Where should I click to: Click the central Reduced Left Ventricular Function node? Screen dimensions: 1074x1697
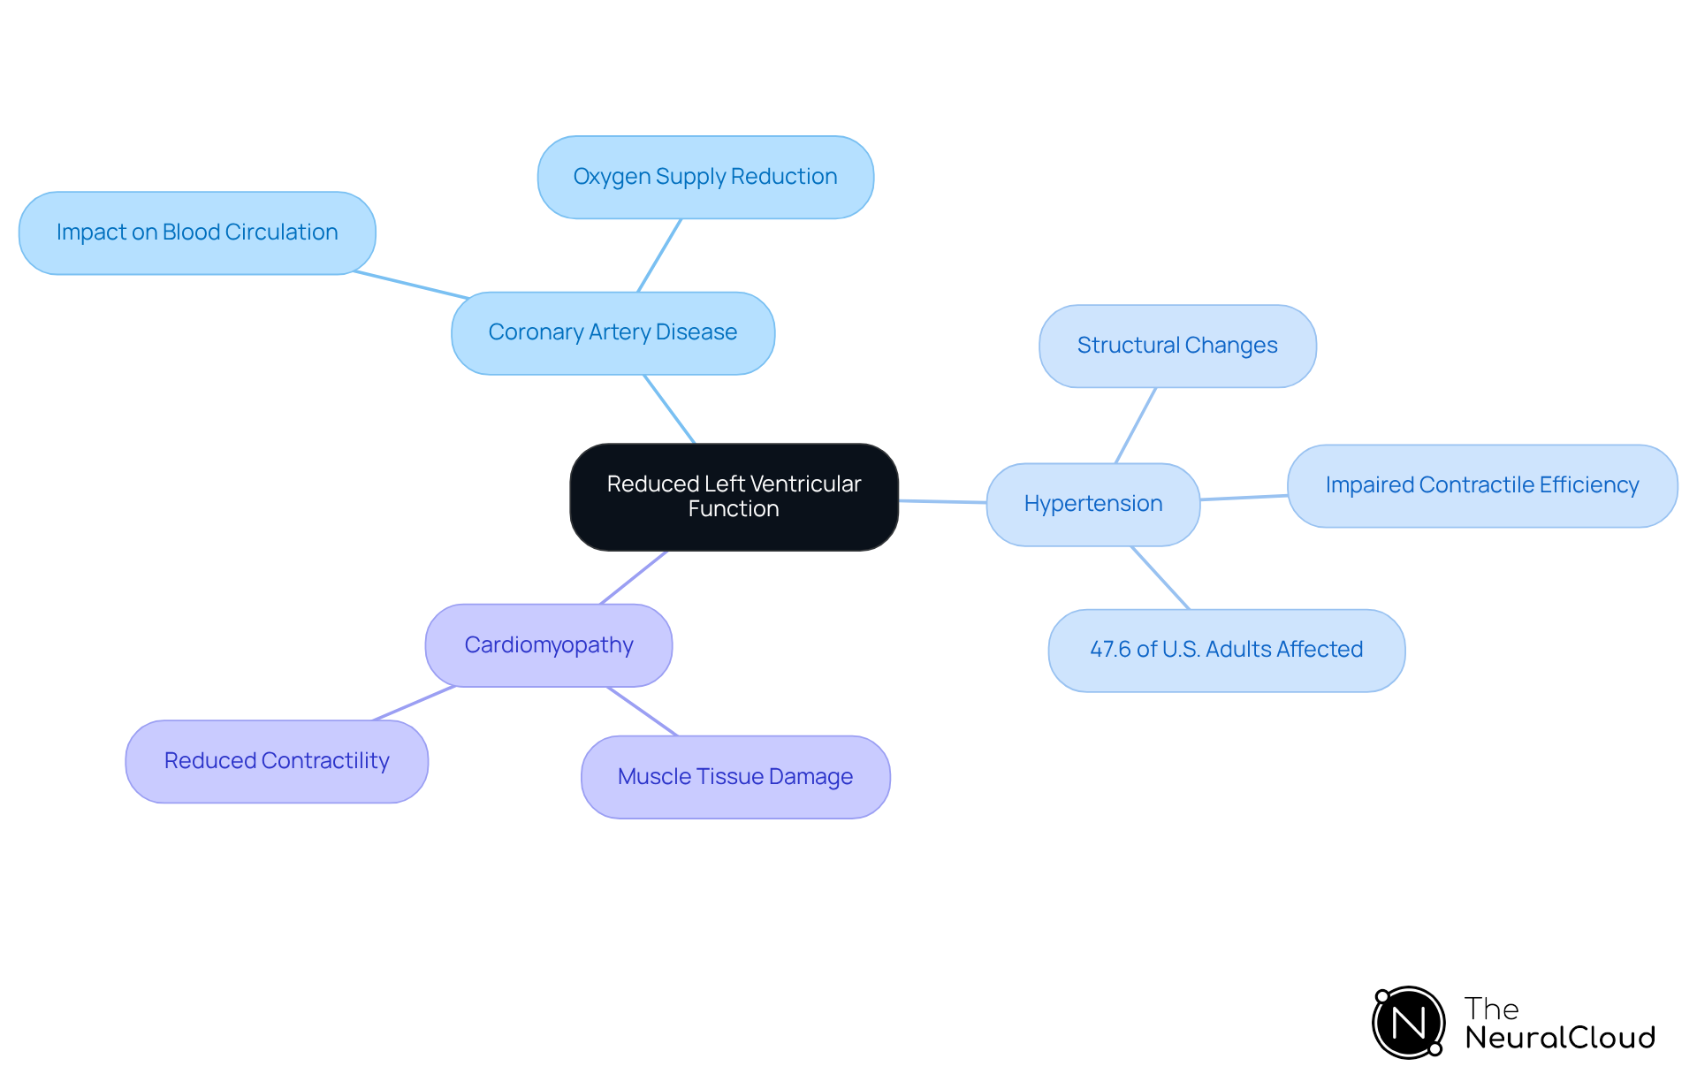(x=734, y=497)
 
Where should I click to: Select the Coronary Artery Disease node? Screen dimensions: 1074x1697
(x=613, y=333)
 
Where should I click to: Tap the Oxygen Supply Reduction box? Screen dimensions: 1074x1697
(x=705, y=177)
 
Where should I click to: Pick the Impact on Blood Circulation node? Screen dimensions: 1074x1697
(x=197, y=232)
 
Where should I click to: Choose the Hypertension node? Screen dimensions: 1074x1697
(x=1092, y=504)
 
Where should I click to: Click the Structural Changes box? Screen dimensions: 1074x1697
(x=1177, y=346)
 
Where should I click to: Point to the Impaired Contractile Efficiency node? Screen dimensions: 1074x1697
(x=1481, y=485)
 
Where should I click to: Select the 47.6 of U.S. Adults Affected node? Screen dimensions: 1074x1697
(x=1226, y=650)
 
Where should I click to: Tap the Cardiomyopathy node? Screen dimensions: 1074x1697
(x=548, y=645)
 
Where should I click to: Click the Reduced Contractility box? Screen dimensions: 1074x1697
(x=277, y=761)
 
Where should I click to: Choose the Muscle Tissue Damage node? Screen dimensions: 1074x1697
(x=735, y=777)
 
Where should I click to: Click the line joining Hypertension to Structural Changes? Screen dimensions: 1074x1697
(x=1136, y=425)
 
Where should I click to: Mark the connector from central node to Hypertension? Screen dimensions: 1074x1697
(x=942, y=502)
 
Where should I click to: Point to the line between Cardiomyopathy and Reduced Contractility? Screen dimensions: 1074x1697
(x=414, y=704)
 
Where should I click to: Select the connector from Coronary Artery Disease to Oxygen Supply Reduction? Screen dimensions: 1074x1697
(x=659, y=255)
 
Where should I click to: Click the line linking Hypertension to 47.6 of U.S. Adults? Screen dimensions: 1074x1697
(x=1161, y=578)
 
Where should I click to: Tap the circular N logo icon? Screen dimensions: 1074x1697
(x=1409, y=1023)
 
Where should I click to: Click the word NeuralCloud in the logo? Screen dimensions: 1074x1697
(x=1560, y=1038)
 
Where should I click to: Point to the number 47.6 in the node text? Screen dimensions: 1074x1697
(x=1110, y=650)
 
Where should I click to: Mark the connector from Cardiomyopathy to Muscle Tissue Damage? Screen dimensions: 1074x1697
(x=643, y=712)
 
